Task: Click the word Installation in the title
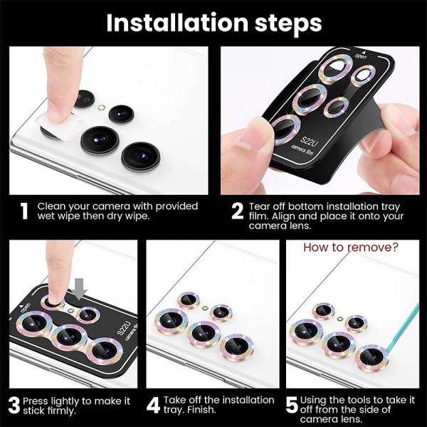coord(177,23)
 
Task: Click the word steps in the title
coord(288,24)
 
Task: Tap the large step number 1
coord(24,211)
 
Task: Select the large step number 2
coord(237,211)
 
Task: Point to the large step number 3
coord(14,406)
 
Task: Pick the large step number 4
coord(153,405)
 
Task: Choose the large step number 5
coord(292,406)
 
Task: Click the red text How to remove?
coord(351,247)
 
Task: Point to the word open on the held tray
coord(361,56)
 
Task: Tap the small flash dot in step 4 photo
coord(205,308)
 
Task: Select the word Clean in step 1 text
coord(51,206)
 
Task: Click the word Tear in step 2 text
coord(260,206)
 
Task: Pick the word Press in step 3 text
coord(36,401)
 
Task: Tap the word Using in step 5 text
coord(313,401)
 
